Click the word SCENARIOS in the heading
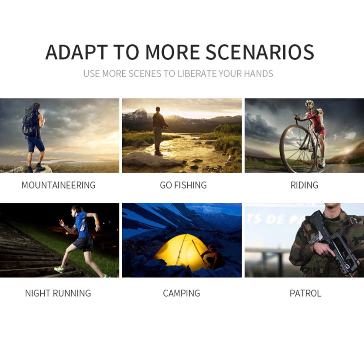pos(260,52)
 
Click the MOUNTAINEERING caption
pos(58,185)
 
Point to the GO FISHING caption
pos(183,185)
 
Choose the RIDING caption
pos(304,185)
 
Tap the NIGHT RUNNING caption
pos(58,293)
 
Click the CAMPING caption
pos(181,293)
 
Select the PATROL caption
pos(306,293)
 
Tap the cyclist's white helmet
pos(309,102)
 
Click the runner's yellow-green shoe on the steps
pos(60,270)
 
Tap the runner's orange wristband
pos(97,223)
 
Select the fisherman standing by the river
pos(159,131)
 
